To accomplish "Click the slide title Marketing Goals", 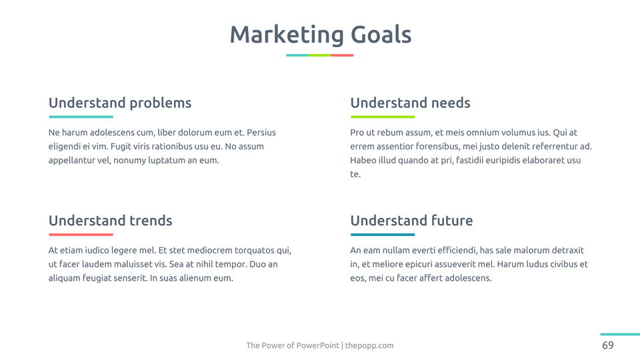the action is click(x=321, y=35).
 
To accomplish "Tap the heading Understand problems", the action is click(x=120, y=103).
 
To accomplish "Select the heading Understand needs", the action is click(x=410, y=103).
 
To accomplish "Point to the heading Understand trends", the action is click(x=110, y=221).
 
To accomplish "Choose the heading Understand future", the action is click(x=411, y=221).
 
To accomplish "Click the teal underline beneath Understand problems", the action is click(x=81, y=117).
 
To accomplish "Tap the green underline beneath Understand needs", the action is click(x=383, y=117).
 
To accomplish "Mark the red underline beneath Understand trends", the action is click(x=81, y=235).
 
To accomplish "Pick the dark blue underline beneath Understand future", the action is click(x=383, y=235).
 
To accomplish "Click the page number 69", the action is click(x=608, y=345).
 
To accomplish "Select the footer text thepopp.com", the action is click(x=369, y=346).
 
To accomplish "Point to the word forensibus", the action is click(x=437, y=147).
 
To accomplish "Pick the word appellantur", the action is click(x=72, y=161).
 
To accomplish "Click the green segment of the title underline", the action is click(x=319, y=55).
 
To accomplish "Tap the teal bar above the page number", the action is click(x=620, y=334).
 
